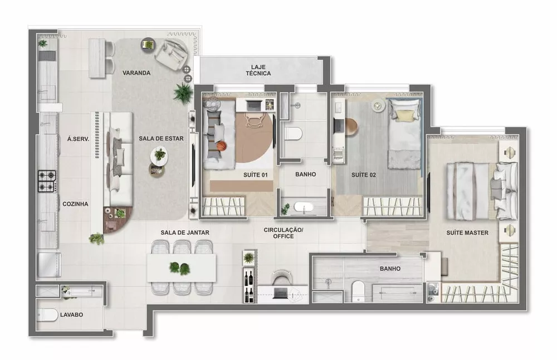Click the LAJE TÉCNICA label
click(x=258, y=70)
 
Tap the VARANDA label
click(x=136, y=73)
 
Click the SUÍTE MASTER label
click(x=467, y=232)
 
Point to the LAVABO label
click(x=71, y=315)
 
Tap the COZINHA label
click(x=75, y=204)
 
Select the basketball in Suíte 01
click(x=222, y=147)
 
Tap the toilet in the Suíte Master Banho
click(x=358, y=290)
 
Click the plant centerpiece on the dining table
click(x=179, y=267)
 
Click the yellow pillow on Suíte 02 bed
click(x=402, y=115)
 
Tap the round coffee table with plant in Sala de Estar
click(x=159, y=153)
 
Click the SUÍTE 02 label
click(x=364, y=174)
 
